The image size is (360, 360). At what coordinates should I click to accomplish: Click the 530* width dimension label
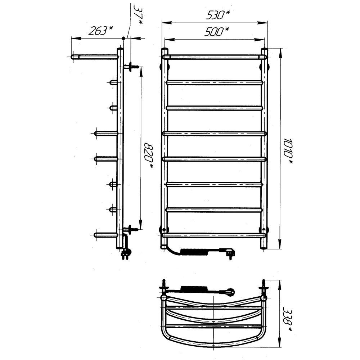click(x=218, y=15)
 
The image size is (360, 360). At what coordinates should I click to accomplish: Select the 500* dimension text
click(x=216, y=32)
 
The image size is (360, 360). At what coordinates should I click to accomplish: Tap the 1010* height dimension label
click(x=288, y=152)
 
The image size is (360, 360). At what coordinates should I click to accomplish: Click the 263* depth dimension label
click(x=101, y=31)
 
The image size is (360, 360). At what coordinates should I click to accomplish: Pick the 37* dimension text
click(x=138, y=14)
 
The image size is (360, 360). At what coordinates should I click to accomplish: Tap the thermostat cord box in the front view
click(x=194, y=252)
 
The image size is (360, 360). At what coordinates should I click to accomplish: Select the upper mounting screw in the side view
click(x=131, y=67)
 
